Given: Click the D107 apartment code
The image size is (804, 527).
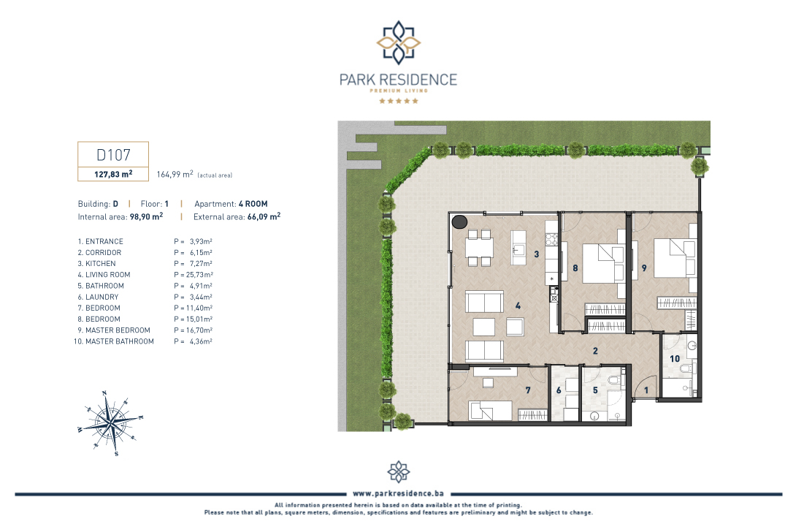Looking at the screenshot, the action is pos(113,154).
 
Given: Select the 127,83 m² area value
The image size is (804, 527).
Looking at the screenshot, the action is pos(113,174).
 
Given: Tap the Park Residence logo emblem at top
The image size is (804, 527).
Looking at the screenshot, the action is pos(399,42).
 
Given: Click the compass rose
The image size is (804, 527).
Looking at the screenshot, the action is pos(110,423).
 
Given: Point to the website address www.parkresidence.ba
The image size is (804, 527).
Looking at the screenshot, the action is pos(399,493).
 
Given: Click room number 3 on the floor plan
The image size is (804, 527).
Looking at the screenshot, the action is pos(536,254).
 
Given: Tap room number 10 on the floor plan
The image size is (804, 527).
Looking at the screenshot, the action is pos(675,359).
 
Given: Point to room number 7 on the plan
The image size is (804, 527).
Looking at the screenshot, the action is pos(528,390).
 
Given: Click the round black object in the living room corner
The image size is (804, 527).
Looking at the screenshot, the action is pos(459,221).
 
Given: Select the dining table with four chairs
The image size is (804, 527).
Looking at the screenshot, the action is pos(479,248).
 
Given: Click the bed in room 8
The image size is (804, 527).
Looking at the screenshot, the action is pos(604,263).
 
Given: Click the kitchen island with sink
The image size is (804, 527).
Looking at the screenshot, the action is pos(518,247).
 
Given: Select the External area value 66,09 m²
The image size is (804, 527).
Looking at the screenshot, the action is pos(264,216).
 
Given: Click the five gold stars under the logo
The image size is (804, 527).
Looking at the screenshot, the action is pos(399,101).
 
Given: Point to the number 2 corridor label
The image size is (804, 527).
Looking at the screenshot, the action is pos(595,351).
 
